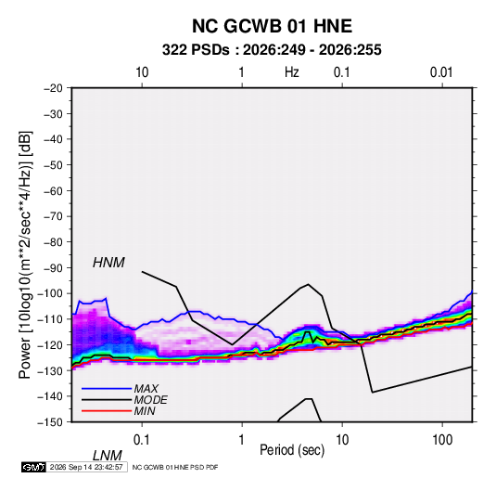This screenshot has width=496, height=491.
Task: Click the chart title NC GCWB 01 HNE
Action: click(272, 26)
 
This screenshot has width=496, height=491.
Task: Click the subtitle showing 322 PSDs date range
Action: click(272, 50)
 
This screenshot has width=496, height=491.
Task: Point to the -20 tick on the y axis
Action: click(53, 88)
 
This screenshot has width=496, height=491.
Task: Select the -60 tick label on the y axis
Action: click(53, 190)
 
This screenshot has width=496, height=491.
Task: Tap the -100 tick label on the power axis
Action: click(50, 293)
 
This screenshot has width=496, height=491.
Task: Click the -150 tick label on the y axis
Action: click(50, 422)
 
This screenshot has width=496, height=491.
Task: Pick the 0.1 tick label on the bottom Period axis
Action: click(142, 440)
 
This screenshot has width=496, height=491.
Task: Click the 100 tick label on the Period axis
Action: click(442, 440)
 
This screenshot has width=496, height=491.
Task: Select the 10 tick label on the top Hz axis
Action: click(142, 72)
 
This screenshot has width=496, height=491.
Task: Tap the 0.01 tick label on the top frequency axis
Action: click(441, 72)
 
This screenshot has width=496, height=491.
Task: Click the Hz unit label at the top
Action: click(292, 72)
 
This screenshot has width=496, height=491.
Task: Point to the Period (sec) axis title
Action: click(292, 450)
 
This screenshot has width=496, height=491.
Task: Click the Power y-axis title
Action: click(25, 255)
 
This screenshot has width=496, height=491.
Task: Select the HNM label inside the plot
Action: click(108, 263)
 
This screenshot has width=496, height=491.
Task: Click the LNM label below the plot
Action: click(107, 456)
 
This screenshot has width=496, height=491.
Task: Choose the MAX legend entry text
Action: click(146, 389)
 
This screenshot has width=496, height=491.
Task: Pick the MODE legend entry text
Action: click(150, 400)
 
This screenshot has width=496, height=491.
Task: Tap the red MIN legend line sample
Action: click(107, 411)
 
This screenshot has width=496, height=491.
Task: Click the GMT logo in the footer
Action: click(34, 467)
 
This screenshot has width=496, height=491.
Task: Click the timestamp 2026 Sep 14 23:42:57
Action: click(86, 467)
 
